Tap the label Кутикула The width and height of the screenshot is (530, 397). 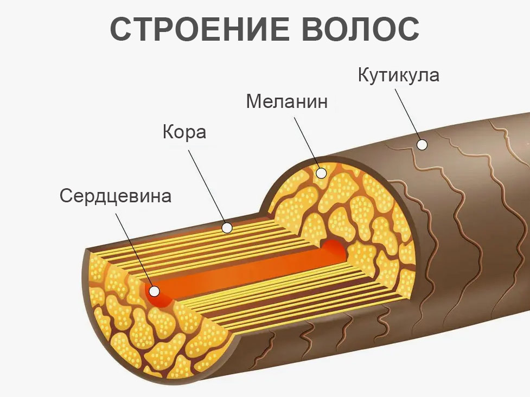[x=398, y=75]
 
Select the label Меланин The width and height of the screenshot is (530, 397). [x=287, y=101]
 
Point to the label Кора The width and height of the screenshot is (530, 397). [x=184, y=132]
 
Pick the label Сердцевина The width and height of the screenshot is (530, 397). [x=116, y=196]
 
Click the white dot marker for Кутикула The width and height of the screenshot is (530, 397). [x=422, y=144]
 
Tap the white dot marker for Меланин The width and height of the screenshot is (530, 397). [x=321, y=174]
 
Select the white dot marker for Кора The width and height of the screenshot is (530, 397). [x=227, y=228]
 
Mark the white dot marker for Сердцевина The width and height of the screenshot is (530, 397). [x=155, y=291]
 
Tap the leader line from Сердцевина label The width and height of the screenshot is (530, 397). [x=135, y=249]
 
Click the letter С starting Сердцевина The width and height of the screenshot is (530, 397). [x=66, y=196]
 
